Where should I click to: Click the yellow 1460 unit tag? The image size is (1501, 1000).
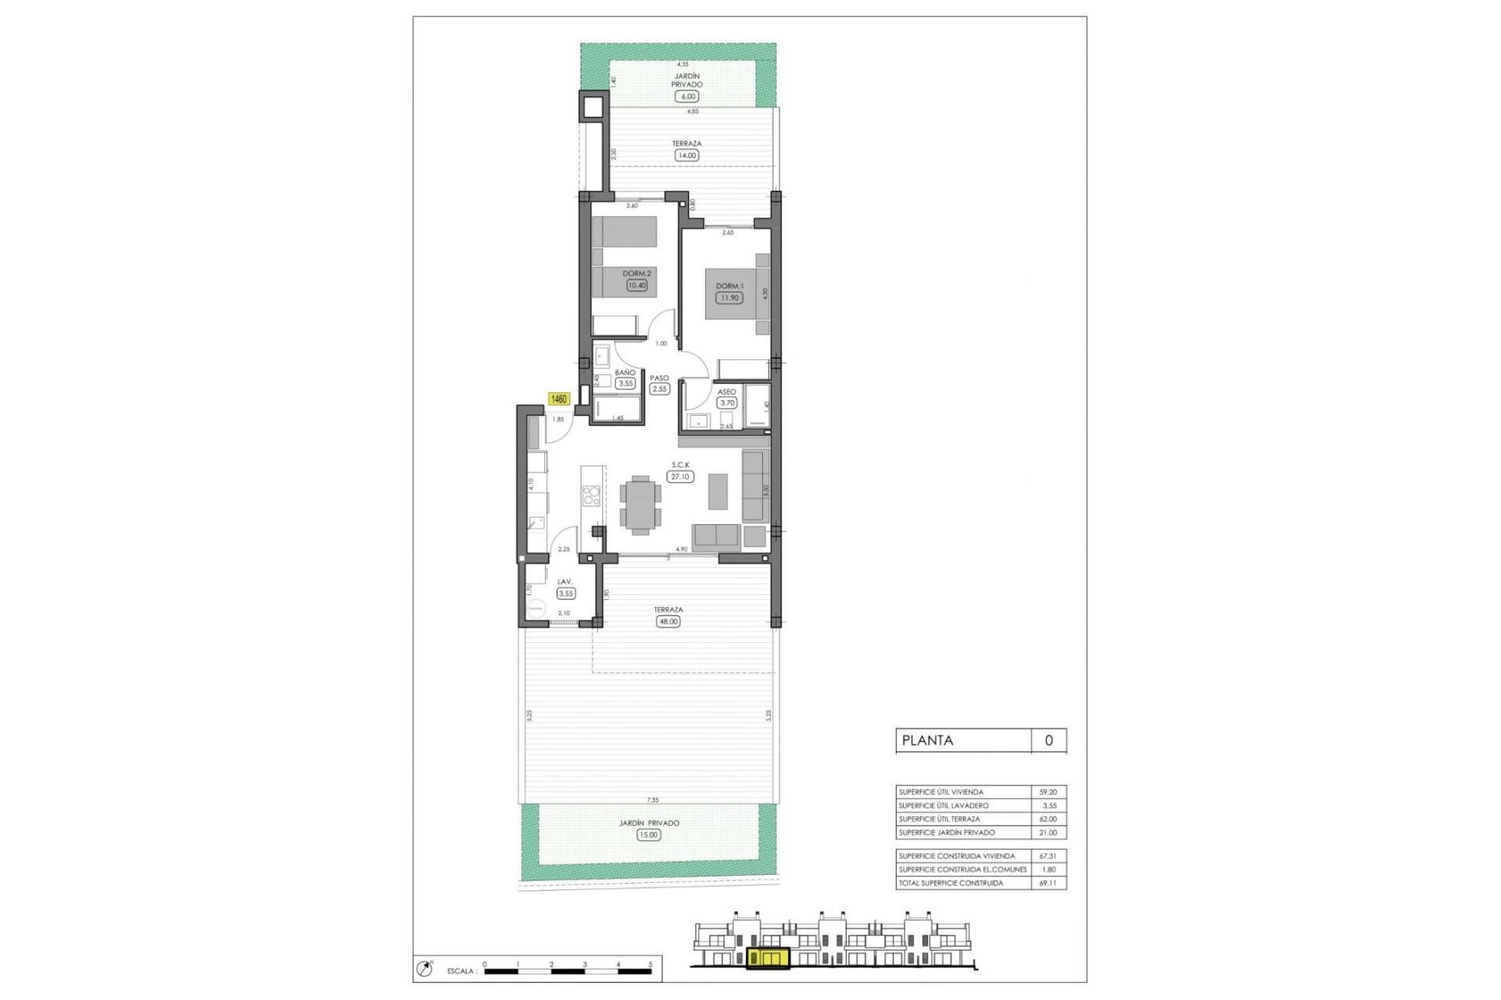[559, 399]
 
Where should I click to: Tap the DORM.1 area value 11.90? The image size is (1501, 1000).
[729, 298]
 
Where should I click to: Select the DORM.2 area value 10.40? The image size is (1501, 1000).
[636, 285]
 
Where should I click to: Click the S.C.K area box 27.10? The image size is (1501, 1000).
[680, 476]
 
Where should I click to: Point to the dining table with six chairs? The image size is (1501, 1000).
[640, 504]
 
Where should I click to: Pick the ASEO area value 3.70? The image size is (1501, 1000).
[727, 403]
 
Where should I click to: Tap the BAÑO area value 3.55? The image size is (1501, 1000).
[625, 384]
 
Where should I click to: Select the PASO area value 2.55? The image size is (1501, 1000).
[660, 388]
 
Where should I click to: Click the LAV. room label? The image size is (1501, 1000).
[565, 582]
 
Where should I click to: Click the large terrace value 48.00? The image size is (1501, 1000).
[668, 622]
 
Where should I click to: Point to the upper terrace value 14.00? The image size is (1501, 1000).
[686, 155]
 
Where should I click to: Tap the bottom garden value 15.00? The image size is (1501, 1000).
[648, 835]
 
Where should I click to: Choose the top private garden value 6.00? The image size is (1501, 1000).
[687, 96]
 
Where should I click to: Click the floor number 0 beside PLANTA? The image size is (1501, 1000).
[1048, 741]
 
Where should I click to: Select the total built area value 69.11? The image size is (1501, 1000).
[1050, 884]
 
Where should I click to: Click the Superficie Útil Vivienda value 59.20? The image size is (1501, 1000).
[1050, 792]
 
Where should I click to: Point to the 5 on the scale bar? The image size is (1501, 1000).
[650, 965]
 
